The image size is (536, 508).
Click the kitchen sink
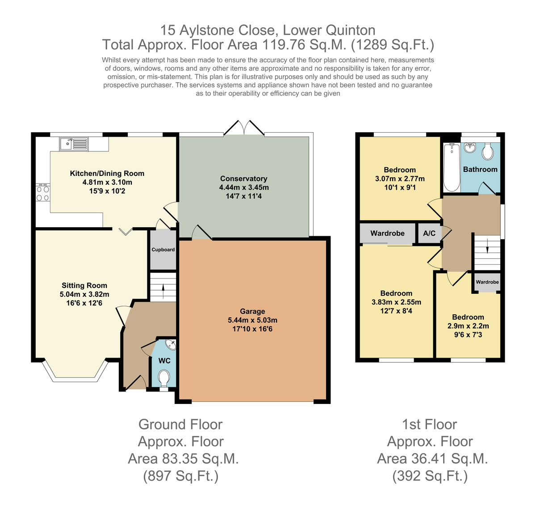(74, 144)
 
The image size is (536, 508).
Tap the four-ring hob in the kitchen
(43, 193)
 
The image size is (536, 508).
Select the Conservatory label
(243, 179)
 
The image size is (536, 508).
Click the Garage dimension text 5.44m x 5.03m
(252, 320)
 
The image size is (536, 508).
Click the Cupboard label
(163, 250)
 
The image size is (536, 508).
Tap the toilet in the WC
(164, 378)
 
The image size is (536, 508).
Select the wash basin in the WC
(171, 345)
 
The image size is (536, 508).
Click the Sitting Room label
(84, 285)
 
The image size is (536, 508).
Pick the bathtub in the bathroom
(452, 167)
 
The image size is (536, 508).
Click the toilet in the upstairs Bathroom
(487, 151)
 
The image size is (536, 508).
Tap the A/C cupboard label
(429, 233)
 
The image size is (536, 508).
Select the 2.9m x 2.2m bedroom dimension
(468, 326)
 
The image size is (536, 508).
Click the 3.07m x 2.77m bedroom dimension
(400, 179)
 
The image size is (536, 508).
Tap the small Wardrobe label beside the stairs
(487, 282)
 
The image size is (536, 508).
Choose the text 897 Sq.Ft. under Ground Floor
(181, 476)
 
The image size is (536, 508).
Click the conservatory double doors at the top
(244, 128)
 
